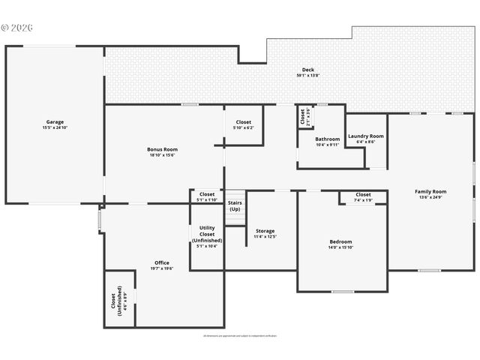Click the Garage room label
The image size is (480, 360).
(55, 121)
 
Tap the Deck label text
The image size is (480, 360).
(308, 70)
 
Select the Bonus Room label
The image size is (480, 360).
(162, 149)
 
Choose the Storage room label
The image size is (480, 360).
(265, 231)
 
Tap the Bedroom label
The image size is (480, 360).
(340, 241)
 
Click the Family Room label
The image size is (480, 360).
(430, 192)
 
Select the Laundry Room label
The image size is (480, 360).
(366, 136)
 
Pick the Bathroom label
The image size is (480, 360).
(327, 139)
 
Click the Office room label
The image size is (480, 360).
(162, 262)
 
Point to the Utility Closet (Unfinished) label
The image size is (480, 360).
(207, 234)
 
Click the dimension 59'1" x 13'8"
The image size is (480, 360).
(308, 76)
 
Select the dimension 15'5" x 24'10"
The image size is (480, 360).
(55, 127)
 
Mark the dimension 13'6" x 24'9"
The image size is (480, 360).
(430, 198)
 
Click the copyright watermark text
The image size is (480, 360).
(18, 28)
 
